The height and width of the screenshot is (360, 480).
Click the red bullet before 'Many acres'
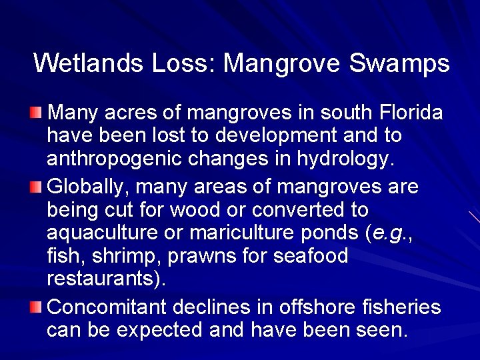[40, 109]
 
